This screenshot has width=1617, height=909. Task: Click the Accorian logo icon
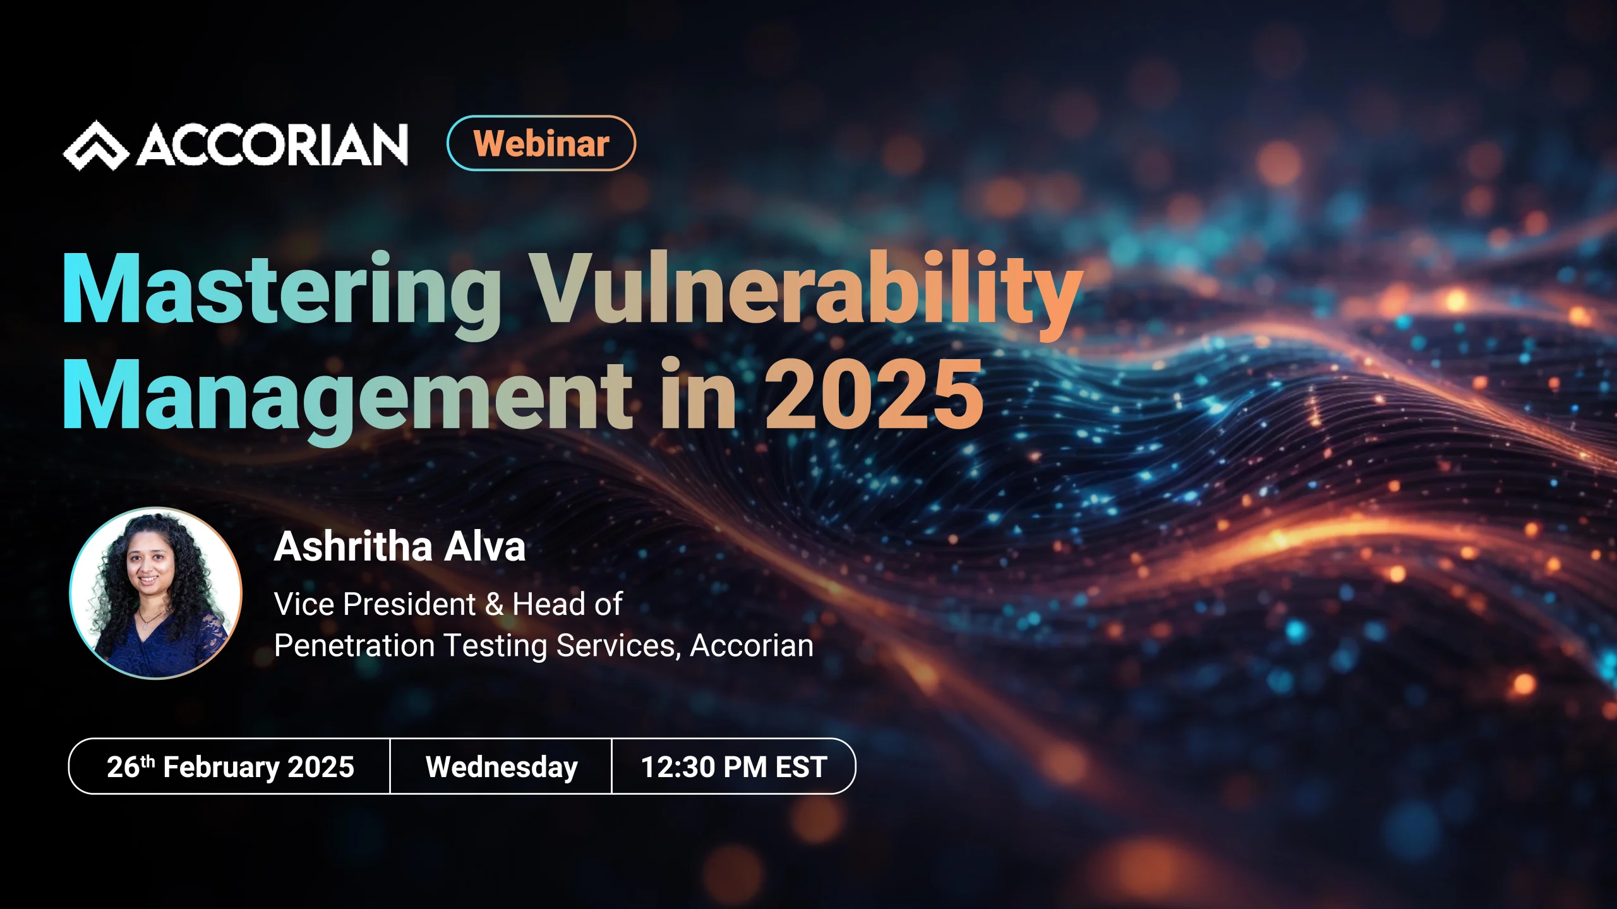96,146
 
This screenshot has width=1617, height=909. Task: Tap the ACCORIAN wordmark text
272,145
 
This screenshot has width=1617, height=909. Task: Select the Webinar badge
541,143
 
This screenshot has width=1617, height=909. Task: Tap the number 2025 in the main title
874,395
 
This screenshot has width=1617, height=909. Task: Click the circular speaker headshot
155,593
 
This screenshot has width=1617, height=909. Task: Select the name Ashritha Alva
399,547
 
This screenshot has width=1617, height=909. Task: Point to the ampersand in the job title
495,605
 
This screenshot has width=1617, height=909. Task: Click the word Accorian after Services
752,646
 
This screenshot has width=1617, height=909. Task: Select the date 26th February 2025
230,767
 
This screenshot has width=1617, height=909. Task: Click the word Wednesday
502,767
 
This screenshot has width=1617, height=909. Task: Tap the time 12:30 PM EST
734,767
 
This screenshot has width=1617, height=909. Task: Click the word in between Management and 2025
698,395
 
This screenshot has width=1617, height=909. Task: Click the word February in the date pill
221,768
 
